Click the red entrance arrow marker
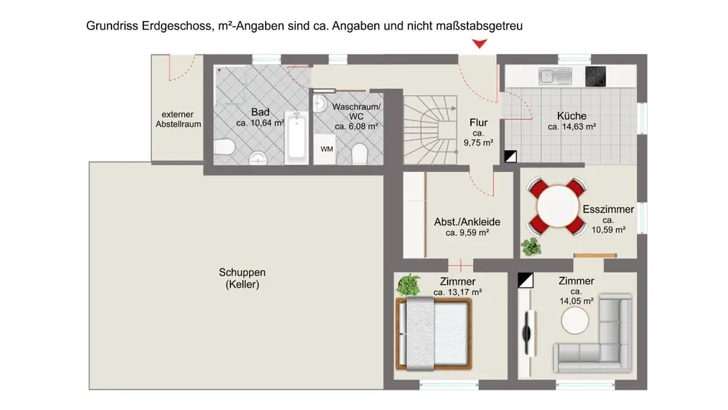(478, 44)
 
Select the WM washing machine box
(327, 149)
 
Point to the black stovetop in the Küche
(596, 75)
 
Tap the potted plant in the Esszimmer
(532, 245)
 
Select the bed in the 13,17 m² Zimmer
(435, 331)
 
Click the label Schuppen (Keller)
(238, 279)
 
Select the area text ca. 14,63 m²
(572, 127)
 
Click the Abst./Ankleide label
(467, 222)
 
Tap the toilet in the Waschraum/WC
(359, 154)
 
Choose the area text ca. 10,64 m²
(260, 123)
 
